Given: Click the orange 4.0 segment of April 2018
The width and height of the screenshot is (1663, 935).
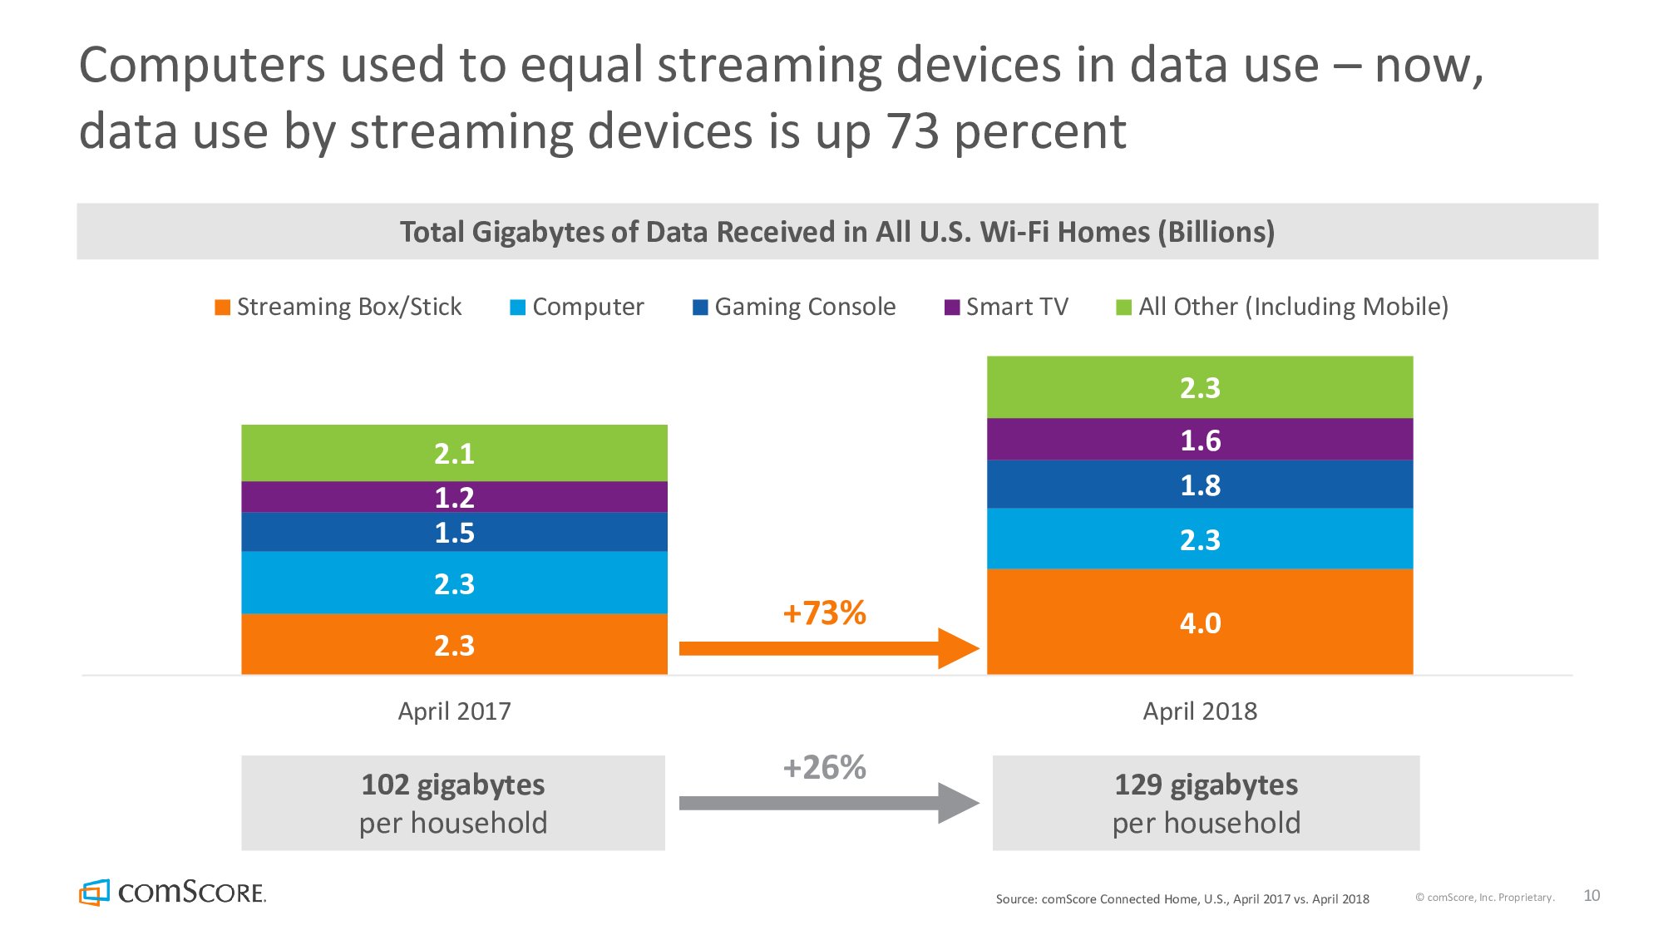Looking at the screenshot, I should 1199,622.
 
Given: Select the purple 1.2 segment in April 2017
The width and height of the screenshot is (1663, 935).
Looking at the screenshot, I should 454,497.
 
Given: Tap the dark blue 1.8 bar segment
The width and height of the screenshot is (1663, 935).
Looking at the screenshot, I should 1199,485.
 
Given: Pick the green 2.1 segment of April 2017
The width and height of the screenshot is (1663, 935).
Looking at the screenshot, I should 454,453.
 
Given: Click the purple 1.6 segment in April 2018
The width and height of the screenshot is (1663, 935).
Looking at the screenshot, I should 1199,440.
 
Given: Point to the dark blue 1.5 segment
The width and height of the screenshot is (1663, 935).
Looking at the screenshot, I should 454,532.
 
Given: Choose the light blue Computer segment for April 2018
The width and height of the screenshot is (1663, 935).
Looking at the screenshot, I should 1199,539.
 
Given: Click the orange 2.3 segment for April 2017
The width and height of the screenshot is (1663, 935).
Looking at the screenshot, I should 454,645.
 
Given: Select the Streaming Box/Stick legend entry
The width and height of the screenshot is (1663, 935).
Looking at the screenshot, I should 338,307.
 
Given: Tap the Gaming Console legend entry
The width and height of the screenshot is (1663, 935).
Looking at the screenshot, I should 794,307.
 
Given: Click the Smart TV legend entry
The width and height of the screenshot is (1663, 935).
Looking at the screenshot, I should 1006,307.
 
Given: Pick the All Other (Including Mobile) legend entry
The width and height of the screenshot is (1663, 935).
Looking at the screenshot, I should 1282,307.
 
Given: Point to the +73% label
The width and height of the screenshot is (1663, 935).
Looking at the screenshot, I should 824,613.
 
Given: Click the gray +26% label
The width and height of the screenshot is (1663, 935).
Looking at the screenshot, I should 824,767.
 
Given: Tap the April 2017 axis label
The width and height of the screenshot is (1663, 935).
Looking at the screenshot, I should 454,711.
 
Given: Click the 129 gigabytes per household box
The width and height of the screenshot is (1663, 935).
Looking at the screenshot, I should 1206,803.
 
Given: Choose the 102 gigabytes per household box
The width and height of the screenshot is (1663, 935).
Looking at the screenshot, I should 453,803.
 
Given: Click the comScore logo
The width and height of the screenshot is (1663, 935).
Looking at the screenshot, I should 172,892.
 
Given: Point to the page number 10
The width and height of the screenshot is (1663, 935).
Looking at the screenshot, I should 1591,895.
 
